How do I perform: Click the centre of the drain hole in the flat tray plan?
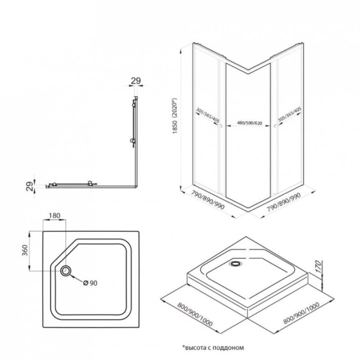pos(66,271)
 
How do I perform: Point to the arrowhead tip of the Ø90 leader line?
pos(70,275)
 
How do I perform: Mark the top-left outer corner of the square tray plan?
pos(43,231)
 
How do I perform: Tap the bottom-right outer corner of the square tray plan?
pos(139,327)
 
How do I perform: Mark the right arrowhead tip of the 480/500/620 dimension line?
pos(270,126)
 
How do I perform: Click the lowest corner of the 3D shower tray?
pos(248,318)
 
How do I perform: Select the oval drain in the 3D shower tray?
pos(235,264)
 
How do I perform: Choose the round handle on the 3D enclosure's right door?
pos(275,126)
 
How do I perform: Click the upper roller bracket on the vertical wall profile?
pos(134,103)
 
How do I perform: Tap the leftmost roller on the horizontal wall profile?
pos(54,184)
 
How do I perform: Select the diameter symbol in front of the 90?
pos(86,283)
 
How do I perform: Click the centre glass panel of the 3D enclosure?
pos(248,133)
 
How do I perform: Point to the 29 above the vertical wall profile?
pos(136,81)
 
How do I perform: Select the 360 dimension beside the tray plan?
pos(25,250)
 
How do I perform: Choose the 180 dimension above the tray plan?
pos(54,216)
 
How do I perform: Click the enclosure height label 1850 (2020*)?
pos(175,116)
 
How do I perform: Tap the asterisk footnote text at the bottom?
pos(213,348)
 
